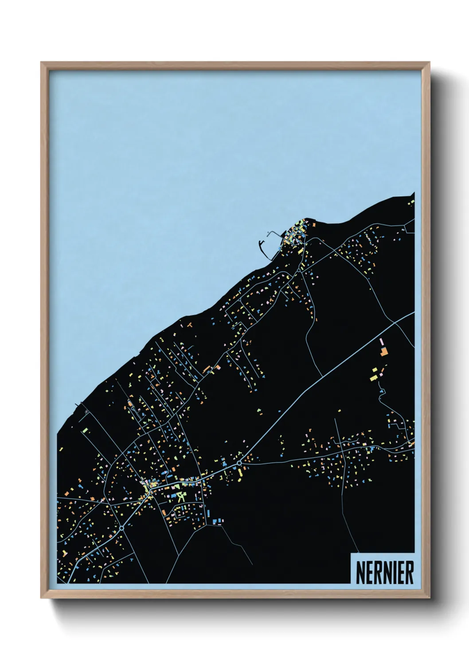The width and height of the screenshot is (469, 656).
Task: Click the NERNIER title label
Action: [x=384, y=573]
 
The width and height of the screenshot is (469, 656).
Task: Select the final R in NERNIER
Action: [x=409, y=573]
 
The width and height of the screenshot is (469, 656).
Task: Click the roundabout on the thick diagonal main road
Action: [x=239, y=463]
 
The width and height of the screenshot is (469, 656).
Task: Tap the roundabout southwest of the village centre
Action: [x=121, y=528]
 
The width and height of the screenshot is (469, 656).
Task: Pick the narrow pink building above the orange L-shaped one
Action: [x=381, y=342]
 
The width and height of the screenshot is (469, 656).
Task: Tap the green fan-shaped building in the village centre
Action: [x=181, y=496]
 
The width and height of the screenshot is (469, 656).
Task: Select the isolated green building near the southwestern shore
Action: [x=85, y=430]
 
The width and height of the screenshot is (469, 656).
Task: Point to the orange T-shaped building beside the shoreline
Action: [x=189, y=325]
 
